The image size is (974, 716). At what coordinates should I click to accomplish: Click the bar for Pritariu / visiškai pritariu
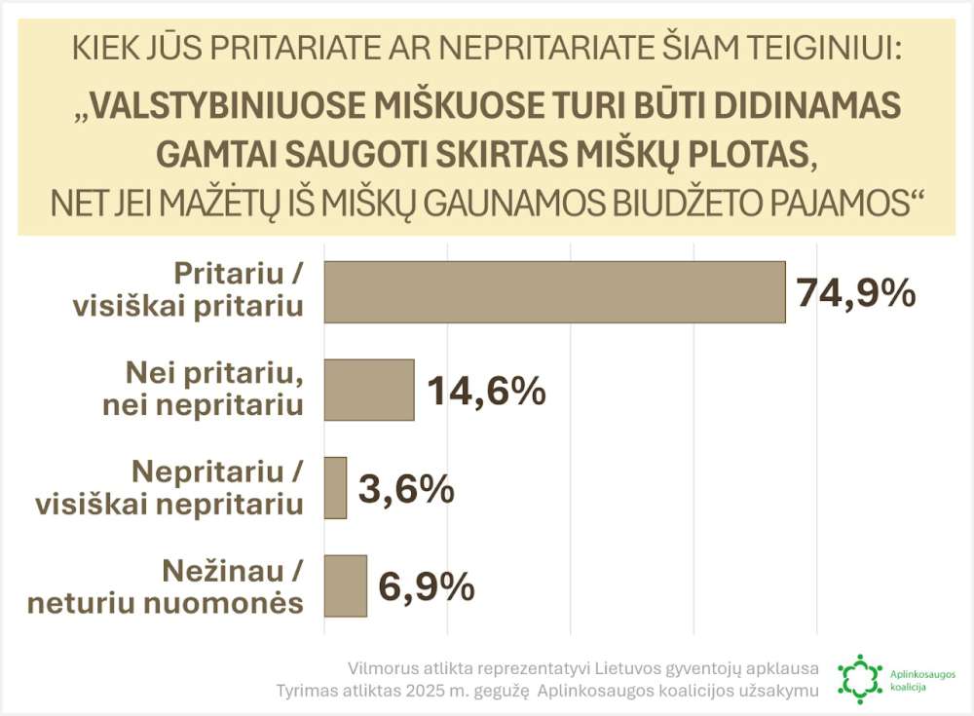(554, 291)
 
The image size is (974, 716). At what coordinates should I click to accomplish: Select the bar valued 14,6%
(368, 390)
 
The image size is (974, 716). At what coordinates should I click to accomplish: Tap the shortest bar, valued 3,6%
(335, 487)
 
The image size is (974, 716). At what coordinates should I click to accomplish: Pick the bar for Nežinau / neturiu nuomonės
(345, 585)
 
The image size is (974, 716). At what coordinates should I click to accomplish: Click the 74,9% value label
(856, 291)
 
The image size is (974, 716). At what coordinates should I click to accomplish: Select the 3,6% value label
(406, 489)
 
